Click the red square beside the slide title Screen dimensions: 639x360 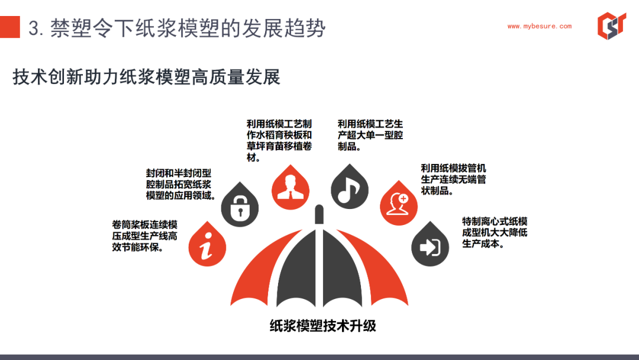click(x=10, y=27)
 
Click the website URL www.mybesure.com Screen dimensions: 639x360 click(x=539, y=26)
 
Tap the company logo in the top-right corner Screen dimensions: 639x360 click(x=611, y=25)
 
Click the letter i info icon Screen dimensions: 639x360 click(x=207, y=246)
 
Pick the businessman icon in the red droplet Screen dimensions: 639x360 click(x=290, y=188)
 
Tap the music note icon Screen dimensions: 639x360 click(x=349, y=189)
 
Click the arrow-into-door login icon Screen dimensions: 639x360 click(x=430, y=247)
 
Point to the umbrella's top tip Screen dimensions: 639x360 click(x=319, y=206)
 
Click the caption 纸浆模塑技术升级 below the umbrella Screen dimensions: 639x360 click(x=323, y=325)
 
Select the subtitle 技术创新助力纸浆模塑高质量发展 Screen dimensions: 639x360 click(x=146, y=77)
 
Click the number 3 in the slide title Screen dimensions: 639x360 click(x=34, y=28)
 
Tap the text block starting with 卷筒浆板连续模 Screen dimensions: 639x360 click(x=145, y=236)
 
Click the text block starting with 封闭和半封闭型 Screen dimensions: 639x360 click(x=180, y=184)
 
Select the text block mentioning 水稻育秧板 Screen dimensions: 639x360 click(x=279, y=140)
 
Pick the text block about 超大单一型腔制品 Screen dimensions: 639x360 click(x=370, y=134)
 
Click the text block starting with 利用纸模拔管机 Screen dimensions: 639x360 click(x=453, y=179)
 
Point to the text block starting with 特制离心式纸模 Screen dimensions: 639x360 click(x=495, y=232)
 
